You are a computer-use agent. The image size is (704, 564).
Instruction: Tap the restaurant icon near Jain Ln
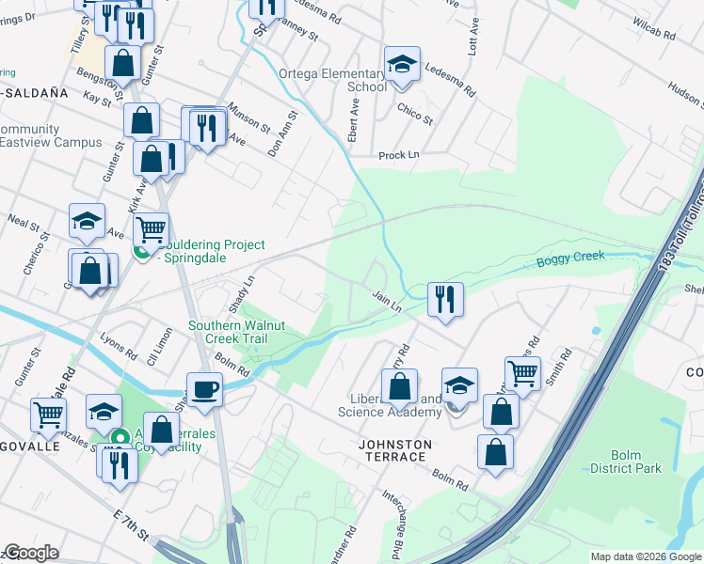[445, 299]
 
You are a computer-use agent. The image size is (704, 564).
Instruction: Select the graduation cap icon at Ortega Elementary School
[402, 65]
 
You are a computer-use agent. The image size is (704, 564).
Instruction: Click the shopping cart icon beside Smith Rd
[522, 372]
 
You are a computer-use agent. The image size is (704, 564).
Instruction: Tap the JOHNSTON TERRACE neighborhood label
[394, 450]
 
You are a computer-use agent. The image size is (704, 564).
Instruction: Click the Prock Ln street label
[398, 155]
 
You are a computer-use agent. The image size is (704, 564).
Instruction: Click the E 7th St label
[131, 527]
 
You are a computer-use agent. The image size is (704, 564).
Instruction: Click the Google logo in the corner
[31, 553]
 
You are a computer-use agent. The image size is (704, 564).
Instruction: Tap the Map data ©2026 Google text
[645, 556]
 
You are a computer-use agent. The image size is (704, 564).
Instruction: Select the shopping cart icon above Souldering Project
[151, 227]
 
